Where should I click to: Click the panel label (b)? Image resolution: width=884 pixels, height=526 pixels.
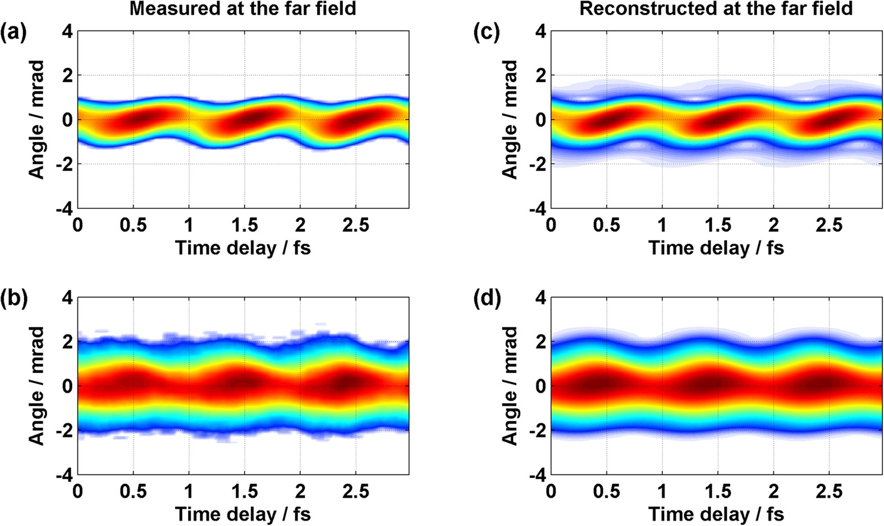click(13, 300)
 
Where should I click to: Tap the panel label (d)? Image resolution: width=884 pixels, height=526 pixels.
click(487, 300)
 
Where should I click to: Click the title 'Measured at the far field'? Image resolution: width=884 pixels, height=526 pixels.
click(242, 8)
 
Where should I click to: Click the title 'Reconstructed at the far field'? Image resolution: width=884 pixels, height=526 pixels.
click(716, 8)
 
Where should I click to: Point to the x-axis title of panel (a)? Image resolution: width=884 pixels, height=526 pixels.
click(242, 248)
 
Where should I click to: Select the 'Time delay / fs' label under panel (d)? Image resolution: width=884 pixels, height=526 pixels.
click(716, 514)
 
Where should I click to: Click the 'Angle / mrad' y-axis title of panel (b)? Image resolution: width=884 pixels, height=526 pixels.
click(37, 386)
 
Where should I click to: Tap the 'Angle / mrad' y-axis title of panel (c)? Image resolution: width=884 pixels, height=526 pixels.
click(510, 120)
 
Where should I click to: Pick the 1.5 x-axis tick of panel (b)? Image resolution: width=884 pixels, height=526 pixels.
click(244, 492)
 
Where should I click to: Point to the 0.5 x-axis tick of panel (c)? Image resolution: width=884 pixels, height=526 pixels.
click(607, 226)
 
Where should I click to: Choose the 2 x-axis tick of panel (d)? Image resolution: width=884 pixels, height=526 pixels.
click(773, 492)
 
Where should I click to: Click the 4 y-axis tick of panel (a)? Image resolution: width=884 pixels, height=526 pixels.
click(67, 31)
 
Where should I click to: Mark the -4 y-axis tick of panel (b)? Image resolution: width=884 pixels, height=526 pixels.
click(63, 475)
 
